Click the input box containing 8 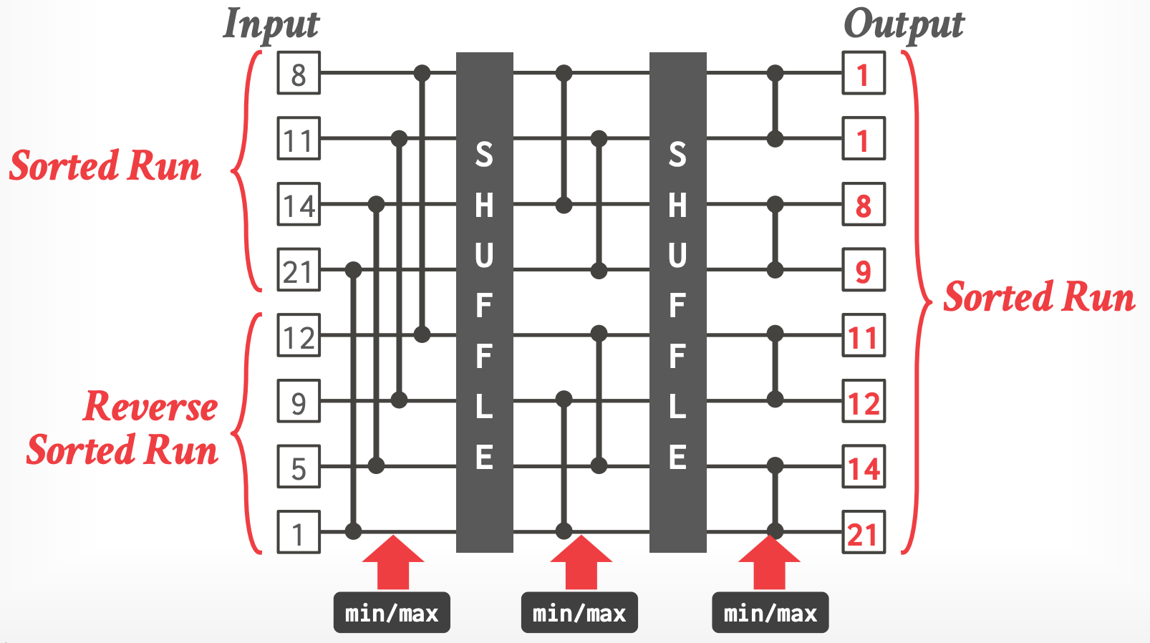299,73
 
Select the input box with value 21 299,270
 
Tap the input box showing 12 299,336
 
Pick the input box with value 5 299,467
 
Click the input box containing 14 299,205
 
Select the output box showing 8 864,205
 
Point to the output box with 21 864,533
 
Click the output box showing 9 864,270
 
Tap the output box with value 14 864,467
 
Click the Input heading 271,25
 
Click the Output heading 904,25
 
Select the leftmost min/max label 392,613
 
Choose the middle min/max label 579,613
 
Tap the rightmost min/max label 770,613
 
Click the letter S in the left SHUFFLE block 485,155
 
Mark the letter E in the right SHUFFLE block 677,457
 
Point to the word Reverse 150,407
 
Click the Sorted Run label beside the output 1039,296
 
